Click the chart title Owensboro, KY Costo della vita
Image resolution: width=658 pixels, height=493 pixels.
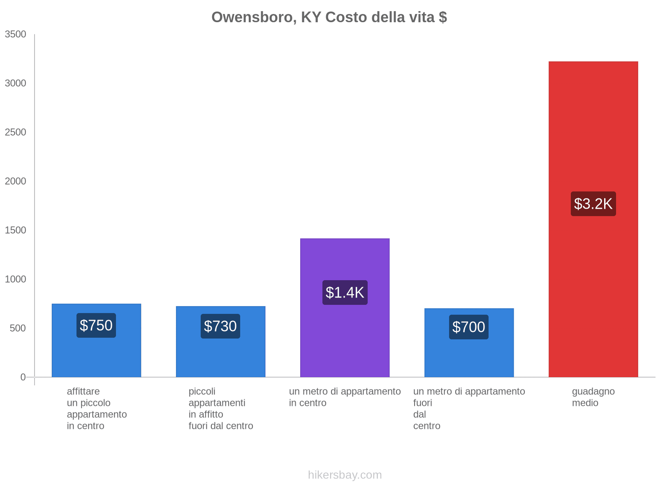329,17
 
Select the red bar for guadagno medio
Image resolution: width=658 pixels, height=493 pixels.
593,288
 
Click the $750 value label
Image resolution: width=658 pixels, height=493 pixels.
96,325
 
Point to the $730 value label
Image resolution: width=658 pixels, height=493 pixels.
220,326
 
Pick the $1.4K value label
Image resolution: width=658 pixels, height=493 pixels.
345,293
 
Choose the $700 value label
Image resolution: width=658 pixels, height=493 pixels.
469,327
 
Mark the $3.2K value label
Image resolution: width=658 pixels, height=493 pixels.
593,204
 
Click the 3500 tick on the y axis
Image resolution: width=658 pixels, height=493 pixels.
16,35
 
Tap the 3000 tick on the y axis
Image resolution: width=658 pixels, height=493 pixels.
16,83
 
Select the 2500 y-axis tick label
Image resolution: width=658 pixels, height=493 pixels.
16,132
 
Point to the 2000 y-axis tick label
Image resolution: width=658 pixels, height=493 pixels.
16,181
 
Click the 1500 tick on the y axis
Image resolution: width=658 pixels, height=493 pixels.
16,230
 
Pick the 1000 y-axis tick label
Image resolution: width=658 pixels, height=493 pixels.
16,279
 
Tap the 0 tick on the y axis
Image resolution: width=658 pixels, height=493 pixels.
23,377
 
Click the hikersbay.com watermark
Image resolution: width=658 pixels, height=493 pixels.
345,475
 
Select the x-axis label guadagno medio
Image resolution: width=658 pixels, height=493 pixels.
593,397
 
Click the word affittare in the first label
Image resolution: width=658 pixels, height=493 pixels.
83,392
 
